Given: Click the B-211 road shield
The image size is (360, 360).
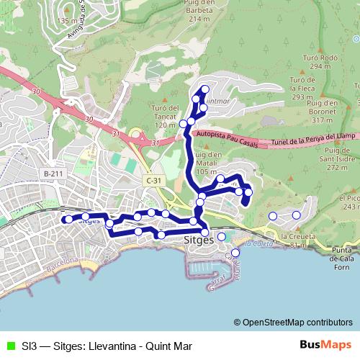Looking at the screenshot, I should coord(52,174).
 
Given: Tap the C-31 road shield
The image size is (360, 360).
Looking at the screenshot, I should coord(151,179).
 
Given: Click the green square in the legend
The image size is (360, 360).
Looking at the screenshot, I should coord(9,346).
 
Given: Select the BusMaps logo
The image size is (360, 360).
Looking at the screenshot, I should coord(325,346).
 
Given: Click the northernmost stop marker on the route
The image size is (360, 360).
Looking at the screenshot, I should coord(205,89).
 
